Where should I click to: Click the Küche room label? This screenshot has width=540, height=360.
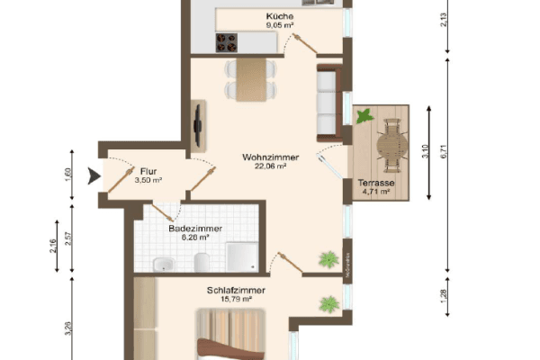279,17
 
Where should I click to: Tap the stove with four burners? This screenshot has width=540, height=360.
226,41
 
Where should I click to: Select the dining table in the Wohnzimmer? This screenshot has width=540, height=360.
253,78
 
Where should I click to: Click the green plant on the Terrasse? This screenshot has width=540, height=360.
364,115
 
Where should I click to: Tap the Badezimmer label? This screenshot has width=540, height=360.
195,229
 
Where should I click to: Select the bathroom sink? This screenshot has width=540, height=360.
164,264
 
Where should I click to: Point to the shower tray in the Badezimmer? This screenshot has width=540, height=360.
241,257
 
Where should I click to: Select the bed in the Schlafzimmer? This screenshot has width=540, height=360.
232,337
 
